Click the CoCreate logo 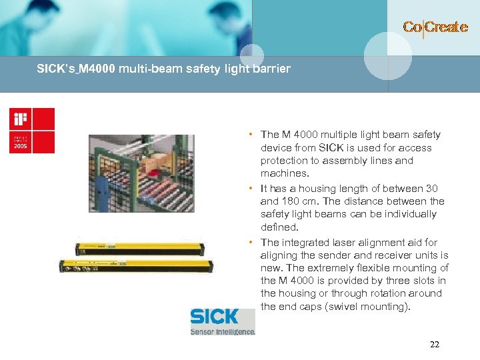tap(435, 27)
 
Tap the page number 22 tap(435, 345)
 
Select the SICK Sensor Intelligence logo tap(222, 321)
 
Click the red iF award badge tap(31, 131)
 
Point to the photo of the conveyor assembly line tap(141, 173)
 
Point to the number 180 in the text tap(289, 201)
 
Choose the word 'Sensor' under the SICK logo tap(205, 331)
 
